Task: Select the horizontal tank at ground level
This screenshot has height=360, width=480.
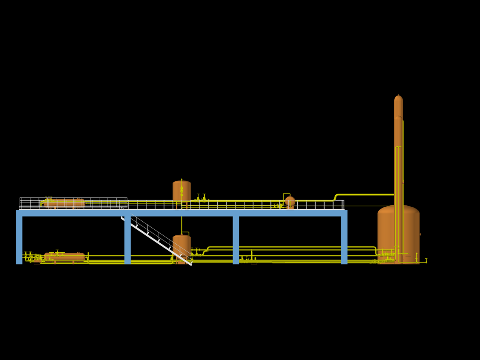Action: point(65,256)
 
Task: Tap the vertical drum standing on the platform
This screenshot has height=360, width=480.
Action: point(181,190)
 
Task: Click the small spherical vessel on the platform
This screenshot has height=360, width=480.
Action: point(290,202)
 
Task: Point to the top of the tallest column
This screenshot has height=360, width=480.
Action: point(398,97)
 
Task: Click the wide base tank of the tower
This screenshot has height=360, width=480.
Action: point(398,232)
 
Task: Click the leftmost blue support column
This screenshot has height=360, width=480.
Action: point(19,239)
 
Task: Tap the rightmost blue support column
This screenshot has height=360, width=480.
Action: point(344,239)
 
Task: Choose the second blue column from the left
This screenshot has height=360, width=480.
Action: point(127,239)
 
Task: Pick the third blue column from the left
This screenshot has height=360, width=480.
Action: point(236,239)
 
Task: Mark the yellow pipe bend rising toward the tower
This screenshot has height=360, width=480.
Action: point(336,196)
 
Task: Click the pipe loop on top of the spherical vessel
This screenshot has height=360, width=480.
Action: point(286,194)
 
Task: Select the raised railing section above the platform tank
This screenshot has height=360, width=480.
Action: point(73,201)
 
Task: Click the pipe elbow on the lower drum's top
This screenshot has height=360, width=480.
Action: point(186,232)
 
